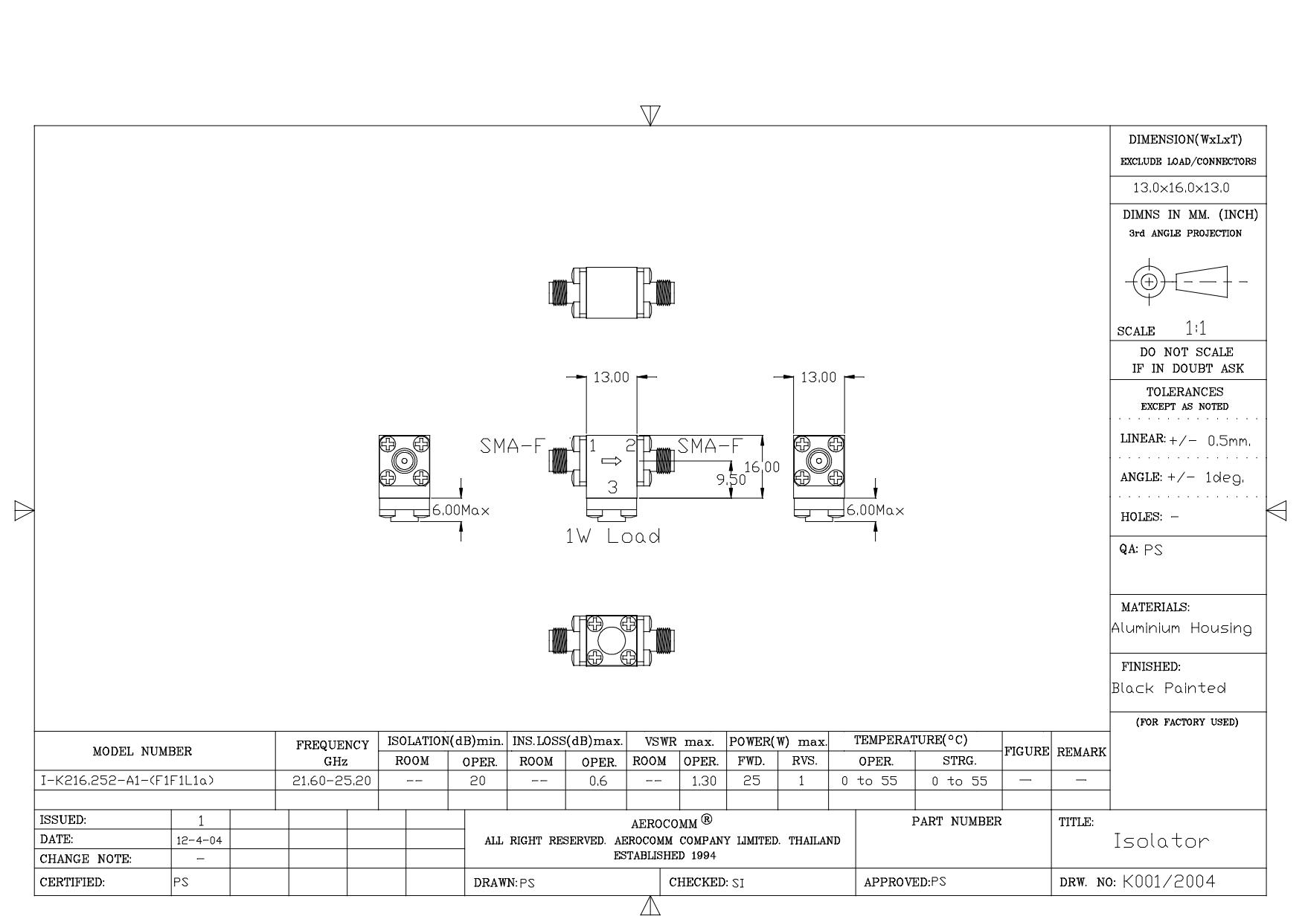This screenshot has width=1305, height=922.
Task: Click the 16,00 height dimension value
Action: [x=762, y=467]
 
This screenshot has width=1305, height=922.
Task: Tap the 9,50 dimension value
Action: [x=731, y=480]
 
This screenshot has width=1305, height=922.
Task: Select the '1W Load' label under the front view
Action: [x=612, y=536]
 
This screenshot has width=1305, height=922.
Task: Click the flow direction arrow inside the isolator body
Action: [x=612, y=462]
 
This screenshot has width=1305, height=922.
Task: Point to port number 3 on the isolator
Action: [x=612, y=488]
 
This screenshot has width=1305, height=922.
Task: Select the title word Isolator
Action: [x=1161, y=841]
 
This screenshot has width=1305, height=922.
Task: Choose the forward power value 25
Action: [x=751, y=781]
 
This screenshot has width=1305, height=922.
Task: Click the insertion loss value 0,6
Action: [x=597, y=781]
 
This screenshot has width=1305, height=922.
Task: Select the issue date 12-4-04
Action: [x=201, y=840]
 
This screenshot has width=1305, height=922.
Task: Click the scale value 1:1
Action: [x=1196, y=328]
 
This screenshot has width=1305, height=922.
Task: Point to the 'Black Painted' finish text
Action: [x=1169, y=688]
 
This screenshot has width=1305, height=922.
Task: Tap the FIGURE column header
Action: [x=1027, y=752]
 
